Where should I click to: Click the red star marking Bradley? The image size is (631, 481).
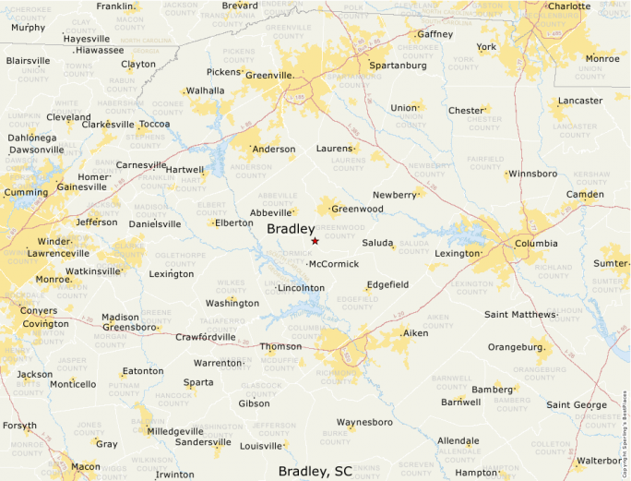tap(315, 241)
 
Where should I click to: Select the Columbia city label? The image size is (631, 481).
tap(536, 244)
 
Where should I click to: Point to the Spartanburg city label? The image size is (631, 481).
tap(398, 66)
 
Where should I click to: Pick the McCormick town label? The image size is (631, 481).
tap(334, 264)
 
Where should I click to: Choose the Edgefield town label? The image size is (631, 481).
tap(387, 284)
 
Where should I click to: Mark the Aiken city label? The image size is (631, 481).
tap(416, 332)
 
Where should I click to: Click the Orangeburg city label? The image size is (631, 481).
tap(514, 347)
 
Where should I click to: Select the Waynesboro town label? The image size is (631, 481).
tap(364, 422)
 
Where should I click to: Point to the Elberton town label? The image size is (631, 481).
tap(234, 222)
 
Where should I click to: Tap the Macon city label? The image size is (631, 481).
tap(86, 466)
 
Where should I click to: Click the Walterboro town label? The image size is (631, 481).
tap(600, 460)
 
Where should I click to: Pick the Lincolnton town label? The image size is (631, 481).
tap(302, 288)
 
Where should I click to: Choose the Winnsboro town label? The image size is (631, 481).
tap(533, 174)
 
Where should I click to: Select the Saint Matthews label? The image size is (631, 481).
tap(520, 315)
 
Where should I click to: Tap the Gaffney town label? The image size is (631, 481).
tap(435, 34)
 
